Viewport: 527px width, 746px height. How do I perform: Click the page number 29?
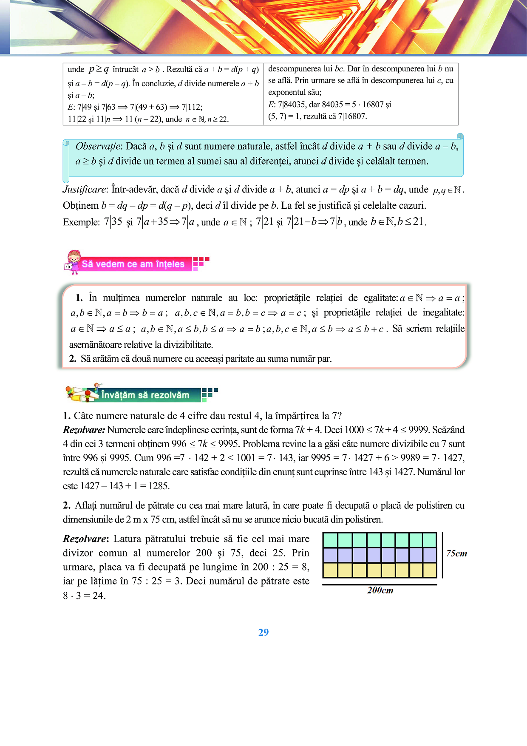point(263,633)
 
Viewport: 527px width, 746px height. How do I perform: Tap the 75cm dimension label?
point(456,553)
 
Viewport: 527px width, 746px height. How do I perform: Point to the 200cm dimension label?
point(380,590)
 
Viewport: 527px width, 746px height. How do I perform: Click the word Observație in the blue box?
point(98,147)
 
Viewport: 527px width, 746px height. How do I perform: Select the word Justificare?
point(84,190)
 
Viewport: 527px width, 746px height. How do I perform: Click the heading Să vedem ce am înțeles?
point(133,264)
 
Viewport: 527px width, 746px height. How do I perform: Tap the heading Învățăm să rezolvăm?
point(145,395)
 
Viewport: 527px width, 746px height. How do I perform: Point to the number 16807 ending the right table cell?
point(352,116)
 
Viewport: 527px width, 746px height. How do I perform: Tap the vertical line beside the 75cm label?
point(442,555)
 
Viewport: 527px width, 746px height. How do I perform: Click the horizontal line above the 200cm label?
point(380,584)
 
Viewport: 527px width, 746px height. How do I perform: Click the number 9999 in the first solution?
point(418,430)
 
